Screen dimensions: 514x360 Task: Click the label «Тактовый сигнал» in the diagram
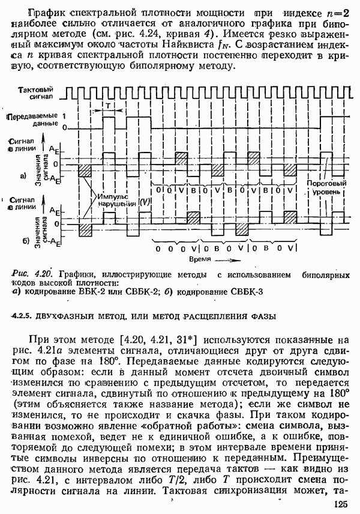point(37,92)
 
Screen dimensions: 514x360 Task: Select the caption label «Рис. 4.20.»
point(30,274)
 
